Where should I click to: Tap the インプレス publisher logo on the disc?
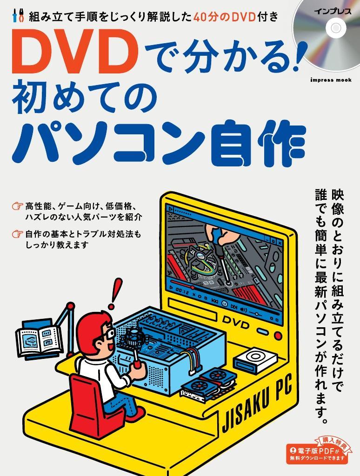point(333,12)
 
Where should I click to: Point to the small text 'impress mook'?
point(331,80)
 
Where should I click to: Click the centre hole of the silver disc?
point(336,28)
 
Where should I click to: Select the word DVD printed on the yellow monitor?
point(236,323)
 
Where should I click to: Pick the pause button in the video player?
point(225,303)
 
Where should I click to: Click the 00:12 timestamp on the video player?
point(183,291)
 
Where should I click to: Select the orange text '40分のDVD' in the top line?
point(224,17)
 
